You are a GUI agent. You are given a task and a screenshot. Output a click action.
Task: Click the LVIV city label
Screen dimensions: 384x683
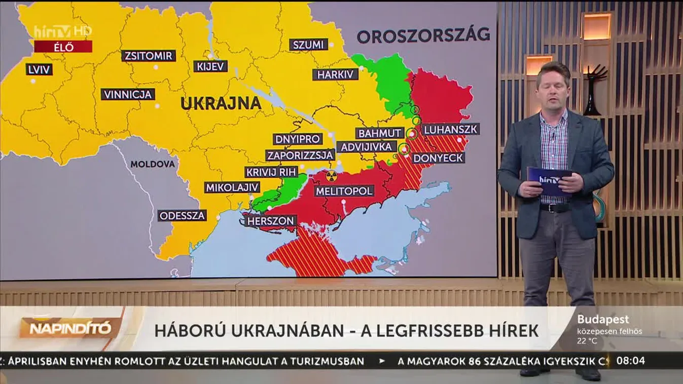[39, 69]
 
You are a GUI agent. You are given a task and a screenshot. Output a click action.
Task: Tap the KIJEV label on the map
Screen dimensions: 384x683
[210, 66]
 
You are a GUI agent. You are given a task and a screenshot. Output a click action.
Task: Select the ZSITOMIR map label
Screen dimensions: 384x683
[149, 56]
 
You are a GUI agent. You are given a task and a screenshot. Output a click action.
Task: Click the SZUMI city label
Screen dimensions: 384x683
[308, 45]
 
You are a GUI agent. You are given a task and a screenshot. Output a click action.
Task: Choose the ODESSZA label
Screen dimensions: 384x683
[182, 216]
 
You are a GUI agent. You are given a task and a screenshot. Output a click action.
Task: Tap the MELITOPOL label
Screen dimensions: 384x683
[344, 191]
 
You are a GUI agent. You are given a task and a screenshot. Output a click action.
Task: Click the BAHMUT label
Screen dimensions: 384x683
[380, 133]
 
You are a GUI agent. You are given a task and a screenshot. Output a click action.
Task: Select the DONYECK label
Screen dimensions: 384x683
[438, 158]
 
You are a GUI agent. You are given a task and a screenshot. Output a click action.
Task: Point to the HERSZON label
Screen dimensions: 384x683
[271, 221]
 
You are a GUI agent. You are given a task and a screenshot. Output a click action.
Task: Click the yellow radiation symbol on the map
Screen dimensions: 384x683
[331, 176]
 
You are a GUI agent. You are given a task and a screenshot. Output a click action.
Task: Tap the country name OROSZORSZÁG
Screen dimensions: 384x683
[423, 35]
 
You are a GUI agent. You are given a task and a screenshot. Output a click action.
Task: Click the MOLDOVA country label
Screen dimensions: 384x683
[152, 164]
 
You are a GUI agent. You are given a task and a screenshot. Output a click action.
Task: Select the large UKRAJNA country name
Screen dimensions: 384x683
[221, 103]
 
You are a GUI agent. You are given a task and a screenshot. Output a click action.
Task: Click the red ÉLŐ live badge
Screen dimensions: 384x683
[63, 47]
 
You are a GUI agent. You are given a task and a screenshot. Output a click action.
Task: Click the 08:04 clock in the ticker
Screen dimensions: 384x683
[631, 361]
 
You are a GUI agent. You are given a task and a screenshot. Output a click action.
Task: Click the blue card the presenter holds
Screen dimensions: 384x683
[549, 180]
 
